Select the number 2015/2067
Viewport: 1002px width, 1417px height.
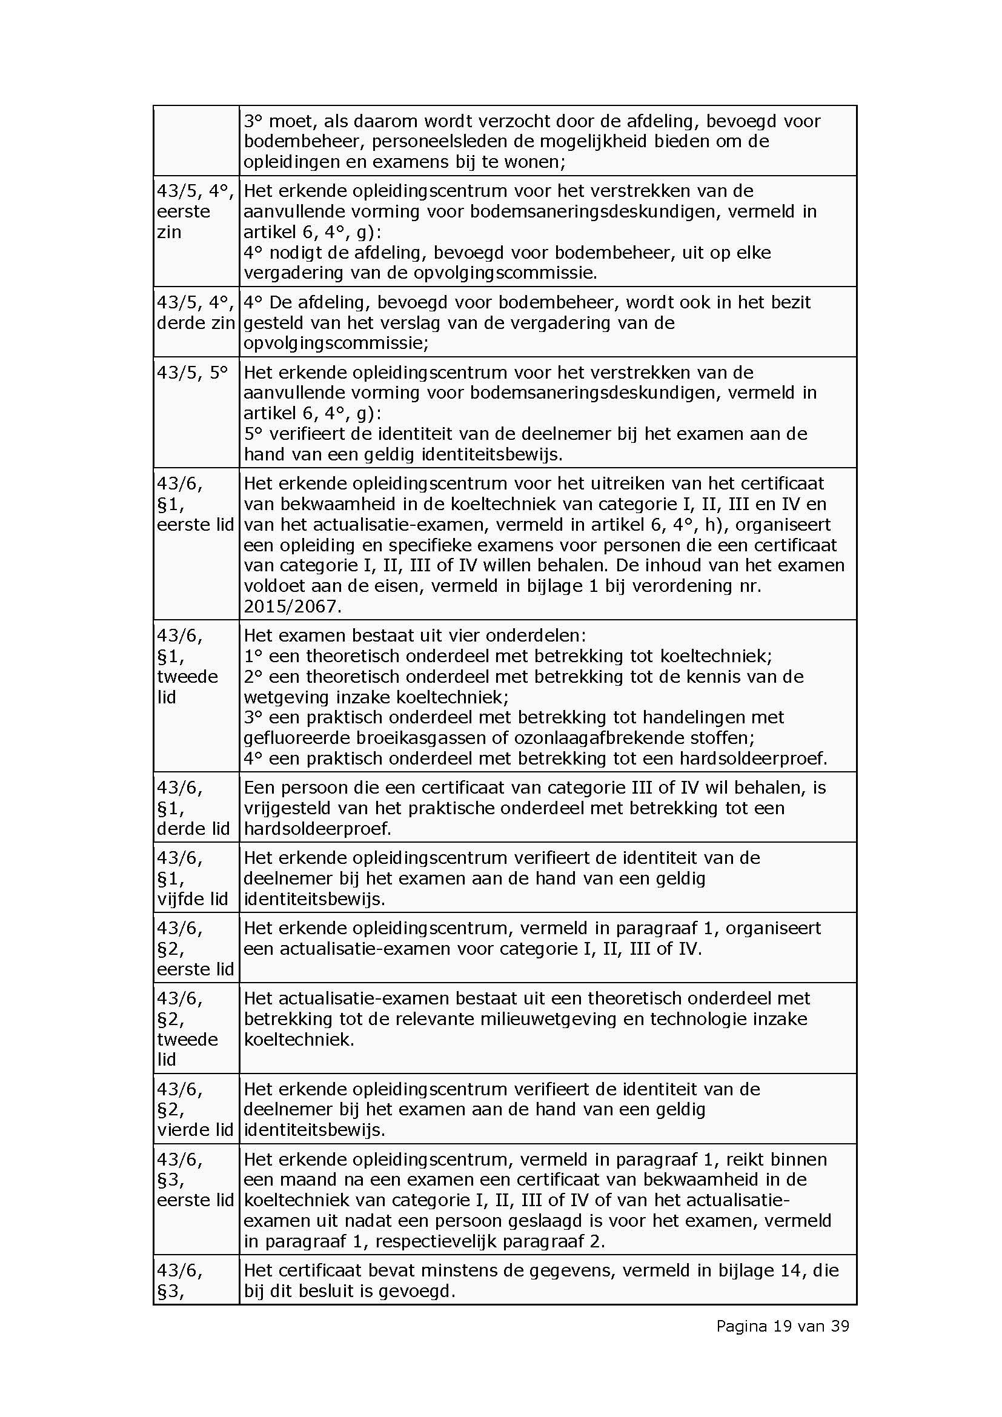pyautogui.click(x=292, y=606)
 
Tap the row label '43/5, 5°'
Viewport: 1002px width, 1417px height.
pyautogui.click(x=192, y=372)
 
